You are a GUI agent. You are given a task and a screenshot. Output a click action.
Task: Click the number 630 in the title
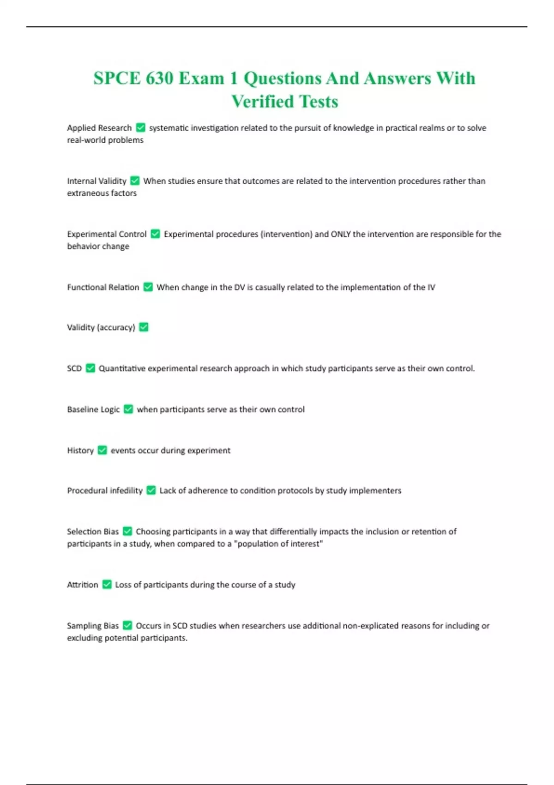159,78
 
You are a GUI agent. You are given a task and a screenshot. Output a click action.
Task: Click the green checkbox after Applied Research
141,128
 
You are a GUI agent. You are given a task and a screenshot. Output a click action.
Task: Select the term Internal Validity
96,181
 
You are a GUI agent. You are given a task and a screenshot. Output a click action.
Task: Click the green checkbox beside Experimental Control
156,234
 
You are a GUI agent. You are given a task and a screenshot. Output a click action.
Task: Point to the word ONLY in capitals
341,234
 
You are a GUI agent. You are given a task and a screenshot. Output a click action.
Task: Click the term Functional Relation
103,287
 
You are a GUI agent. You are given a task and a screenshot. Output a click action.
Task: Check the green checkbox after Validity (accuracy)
144,327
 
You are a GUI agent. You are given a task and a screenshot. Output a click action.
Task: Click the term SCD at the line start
74,368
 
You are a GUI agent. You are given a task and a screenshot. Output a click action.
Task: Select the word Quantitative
122,368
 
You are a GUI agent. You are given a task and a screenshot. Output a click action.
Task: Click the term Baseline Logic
93,410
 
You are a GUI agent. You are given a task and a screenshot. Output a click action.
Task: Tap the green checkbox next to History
102,450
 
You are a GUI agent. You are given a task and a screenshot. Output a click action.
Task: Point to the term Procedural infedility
105,490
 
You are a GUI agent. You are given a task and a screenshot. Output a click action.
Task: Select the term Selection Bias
93,531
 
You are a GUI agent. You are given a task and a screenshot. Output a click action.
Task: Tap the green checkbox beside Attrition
107,585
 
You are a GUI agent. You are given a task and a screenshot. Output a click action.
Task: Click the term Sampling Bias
93,626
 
